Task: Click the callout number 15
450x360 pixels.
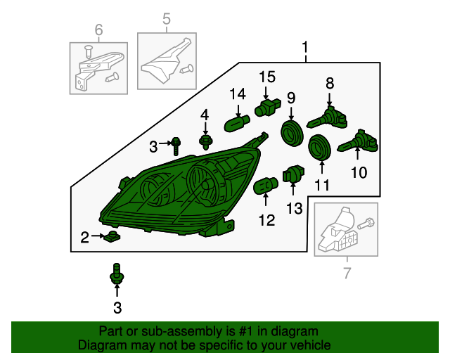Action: tap(267, 77)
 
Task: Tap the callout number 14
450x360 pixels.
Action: tap(238, 94)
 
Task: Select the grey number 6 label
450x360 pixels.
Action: tap(98, 30)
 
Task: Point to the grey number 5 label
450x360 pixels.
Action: tap(167, 19)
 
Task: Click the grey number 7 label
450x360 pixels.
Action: tap(347, 273)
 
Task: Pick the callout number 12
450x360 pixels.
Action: tap(266, 220)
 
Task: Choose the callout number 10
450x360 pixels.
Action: tap(359, 172)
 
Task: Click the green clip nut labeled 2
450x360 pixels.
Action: tap(112, 236)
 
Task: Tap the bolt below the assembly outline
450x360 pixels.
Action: tap(117, 274)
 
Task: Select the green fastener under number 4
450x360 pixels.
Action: tap(205, 143)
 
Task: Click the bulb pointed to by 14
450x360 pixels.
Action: tap(237, 123)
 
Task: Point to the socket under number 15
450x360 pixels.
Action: tap(267, 108)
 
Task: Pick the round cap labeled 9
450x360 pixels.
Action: tap(292, 133)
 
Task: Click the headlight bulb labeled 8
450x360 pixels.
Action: tap(327, 119)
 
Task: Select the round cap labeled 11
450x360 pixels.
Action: tap(319, 147)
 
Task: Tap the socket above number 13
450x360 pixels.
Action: tap(293, 174)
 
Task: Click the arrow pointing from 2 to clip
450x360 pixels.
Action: tap(98, 236)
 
